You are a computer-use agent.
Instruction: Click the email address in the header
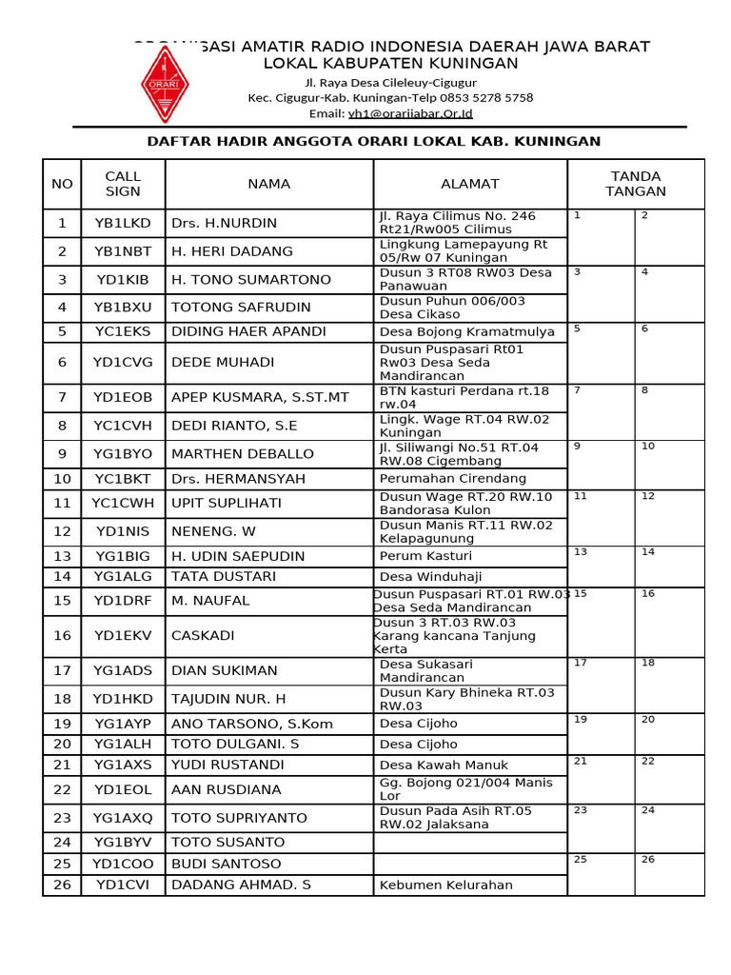point(410,113)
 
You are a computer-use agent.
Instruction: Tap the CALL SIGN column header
point(123,184)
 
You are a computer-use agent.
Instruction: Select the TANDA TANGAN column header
point(635,184)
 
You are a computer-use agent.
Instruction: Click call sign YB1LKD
point(123,223)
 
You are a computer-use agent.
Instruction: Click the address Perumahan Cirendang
point(452,478)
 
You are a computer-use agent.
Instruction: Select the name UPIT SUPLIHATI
point(226,503)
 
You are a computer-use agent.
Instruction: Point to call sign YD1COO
point(123,864)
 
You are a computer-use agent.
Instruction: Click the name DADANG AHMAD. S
point(241,885)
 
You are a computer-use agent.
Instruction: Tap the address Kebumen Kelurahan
point(445,885)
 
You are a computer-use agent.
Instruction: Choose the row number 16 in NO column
point(62,635)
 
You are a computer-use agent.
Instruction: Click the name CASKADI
point(203,635)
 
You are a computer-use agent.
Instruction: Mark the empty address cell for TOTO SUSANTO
point(470,842)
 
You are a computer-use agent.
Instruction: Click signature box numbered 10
point(669,465)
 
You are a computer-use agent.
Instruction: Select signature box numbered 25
point(601,874)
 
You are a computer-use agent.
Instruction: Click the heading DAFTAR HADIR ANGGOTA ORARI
point(373,141)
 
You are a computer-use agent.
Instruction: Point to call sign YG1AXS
point(123,765)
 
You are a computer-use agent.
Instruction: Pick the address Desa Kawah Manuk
point(444,765)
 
